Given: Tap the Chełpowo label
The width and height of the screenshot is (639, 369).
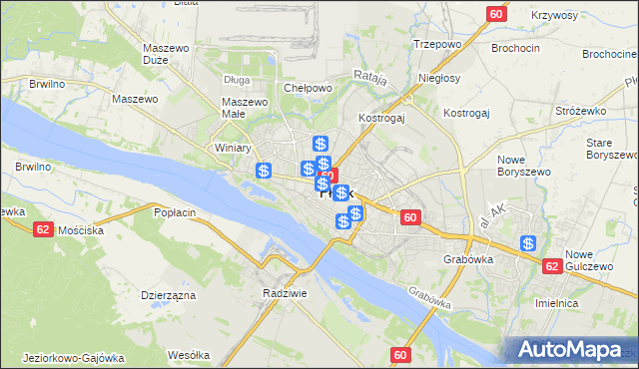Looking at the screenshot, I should (x=308, y=88).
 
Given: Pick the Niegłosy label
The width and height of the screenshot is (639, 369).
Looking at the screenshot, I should (x=439, y=78).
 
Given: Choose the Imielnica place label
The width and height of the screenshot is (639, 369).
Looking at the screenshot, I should (x=586, y=302).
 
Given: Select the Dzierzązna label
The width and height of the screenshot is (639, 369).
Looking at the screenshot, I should (x=168, y=295).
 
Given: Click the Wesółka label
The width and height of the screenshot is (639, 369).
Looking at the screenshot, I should (x=189, y=354).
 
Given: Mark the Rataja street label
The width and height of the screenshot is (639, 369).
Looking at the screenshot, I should (x=369, y=76).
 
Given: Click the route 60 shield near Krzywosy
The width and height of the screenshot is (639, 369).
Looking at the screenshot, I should (x=497, y=14).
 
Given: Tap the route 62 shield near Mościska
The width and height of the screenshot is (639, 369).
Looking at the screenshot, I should (x=43, y=228).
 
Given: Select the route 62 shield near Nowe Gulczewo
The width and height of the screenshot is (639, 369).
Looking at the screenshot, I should (x=552, y=266).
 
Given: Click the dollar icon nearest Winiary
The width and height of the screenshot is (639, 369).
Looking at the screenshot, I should (x=264, y=172).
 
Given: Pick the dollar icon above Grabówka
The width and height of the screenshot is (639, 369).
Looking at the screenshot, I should (x=528, y=243).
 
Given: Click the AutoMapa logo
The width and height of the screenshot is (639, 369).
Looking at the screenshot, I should (x=572, y=350).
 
